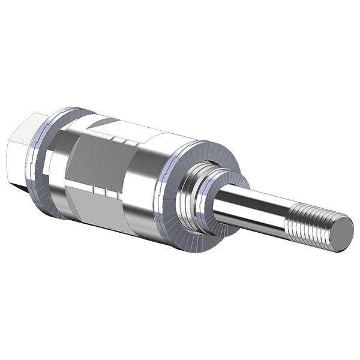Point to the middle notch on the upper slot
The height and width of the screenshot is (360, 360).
click(122, 142)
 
